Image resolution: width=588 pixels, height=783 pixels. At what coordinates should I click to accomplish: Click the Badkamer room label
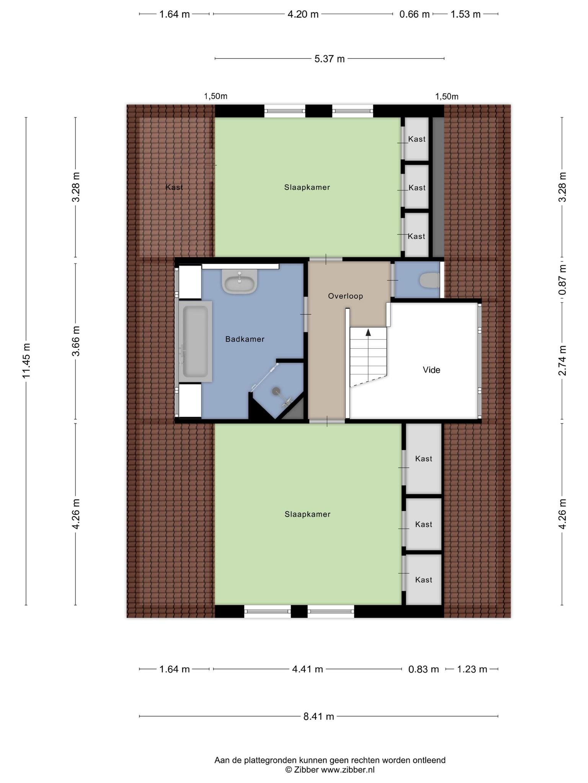pyautogui.click(x=245, y=339)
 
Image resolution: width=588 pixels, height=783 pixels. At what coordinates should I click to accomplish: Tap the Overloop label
pyautogui.click(x=345, y=296)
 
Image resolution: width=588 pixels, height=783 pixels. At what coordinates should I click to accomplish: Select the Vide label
pyautogui.click(x=431, y=370)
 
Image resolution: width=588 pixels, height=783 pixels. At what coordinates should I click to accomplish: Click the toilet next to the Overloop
pyautogui.click(x=429, y=280)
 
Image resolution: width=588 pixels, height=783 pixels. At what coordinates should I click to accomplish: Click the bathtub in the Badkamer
pyautogui.click(x=195, y=341)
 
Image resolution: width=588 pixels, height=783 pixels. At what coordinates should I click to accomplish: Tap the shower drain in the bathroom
pyautogui.click(x=276, y=391)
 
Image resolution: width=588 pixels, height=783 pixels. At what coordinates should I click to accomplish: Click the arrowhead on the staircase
pyautogui.click(x=368, y=332)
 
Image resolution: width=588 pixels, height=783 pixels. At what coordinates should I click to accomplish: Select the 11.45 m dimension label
pyautogui.click(x=26, y=361)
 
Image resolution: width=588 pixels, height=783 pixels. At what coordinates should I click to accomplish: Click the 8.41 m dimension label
pyautogui.click(x=319, y=716)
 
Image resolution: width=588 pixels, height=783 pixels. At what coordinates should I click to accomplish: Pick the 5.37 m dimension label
pyautogui.click(x=330, y=59)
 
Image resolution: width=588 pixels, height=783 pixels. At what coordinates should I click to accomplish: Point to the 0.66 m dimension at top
pyautogui.click(x=415, y=15)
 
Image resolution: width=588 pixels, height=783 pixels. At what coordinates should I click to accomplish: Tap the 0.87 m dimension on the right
pyautogui.click(x=562, y=280)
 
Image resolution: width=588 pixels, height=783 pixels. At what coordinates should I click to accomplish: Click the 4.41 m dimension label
pyautogui.click(x=307, y=669)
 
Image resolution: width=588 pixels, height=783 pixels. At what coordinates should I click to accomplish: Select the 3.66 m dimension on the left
pyautogui.click(x=76, y=341)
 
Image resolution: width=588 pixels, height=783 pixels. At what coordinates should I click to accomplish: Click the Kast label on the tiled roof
pyautogui.click(x=174, y=187)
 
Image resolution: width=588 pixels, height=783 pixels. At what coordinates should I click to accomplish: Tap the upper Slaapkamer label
pyautogui.click(x=307, y=187)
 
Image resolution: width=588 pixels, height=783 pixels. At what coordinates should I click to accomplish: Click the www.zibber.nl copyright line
pyautogui.click(x=330, y=770)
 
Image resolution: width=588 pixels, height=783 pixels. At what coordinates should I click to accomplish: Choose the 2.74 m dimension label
pyautogui.click(x=562, y=361)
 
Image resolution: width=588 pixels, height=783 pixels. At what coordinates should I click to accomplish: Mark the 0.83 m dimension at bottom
pyautogui.click(x=424, y=669)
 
